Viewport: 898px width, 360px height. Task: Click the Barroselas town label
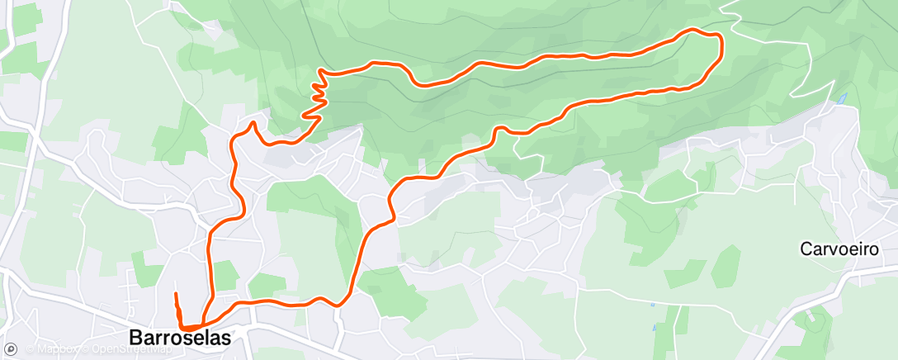point(180,338)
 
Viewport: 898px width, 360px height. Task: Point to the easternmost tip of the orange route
point(722,45)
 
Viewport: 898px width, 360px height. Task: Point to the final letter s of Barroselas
point(225,338)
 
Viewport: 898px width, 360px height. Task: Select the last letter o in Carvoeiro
point(868,249)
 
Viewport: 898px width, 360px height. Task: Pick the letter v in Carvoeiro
point(832,249)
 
